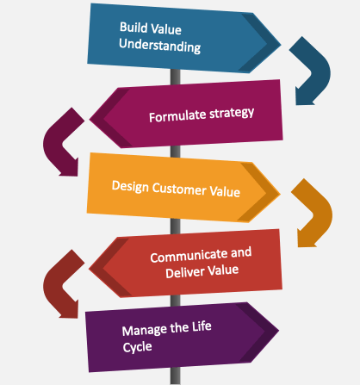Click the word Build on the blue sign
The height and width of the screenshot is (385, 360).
click(x=133, y=28)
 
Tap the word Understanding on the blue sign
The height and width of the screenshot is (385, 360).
click(x=159, y=46)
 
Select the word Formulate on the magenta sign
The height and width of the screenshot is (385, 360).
click(x=177, y=116)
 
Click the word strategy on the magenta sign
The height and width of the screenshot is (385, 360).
click(x=232, y=113)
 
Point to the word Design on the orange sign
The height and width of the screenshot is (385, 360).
click(x=130, y=186)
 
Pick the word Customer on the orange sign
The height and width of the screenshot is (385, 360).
click(x=179, y=189)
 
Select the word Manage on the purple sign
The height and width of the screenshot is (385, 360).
click(x=144, y=330)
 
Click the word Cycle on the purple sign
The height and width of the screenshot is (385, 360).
click(x=137, y=347)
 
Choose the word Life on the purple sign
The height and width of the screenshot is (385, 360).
click(x=202, y=326)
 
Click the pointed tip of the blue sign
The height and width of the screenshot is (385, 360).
click(x=281, y=45)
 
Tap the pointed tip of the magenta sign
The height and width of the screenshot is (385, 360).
click(x=90, y=119)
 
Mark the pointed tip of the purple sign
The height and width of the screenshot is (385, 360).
click(x=279, y=330)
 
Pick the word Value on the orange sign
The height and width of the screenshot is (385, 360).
click(x=225, y=191)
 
